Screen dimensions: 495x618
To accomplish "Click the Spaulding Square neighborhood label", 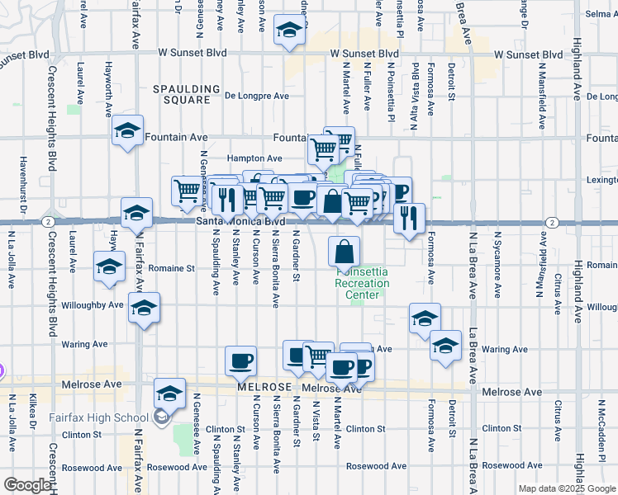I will pyautogui.click(x=186, y=94).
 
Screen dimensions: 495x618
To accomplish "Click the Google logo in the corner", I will pyautogui.click(x=27, y=485).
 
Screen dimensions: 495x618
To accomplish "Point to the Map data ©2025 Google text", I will pyautogui.click(x=567, y=488).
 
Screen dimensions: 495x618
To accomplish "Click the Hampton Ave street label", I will pyautogui.click(x=255, y=158).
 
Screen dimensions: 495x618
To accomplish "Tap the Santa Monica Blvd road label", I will pyautogui.click(x=240, y=222).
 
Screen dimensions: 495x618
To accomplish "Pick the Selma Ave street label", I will pyautogui.click(x=601, y=14).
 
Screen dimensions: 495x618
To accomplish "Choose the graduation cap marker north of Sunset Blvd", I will pyautogui.click(x=288, y=31).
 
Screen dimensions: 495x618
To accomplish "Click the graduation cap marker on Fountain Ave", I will pyautogui.click(x=127, y=132).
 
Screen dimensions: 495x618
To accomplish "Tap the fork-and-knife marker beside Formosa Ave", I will pyautogui.click(x=409, y=217).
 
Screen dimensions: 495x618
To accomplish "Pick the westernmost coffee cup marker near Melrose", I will pyautogui.click(x=241, y=360).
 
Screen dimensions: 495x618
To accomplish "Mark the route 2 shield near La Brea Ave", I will pyautogui.click(x=551, y=222).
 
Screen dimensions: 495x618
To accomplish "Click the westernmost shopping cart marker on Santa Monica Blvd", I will pyautogui.click(x=187, y=191).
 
